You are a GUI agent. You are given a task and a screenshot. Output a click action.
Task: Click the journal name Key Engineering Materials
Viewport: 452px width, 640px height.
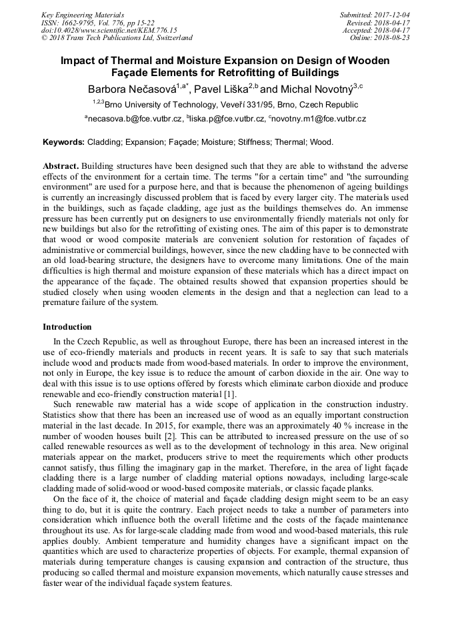coord(83,14)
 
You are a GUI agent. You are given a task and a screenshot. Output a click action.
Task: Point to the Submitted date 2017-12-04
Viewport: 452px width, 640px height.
coord(376,14)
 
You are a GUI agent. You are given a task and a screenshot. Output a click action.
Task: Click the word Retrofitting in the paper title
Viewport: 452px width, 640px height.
coord(254,73)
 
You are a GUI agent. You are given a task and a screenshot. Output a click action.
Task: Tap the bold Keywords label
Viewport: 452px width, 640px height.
coord(63,142)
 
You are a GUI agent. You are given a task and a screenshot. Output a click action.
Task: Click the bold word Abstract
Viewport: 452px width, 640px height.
coord(61,166)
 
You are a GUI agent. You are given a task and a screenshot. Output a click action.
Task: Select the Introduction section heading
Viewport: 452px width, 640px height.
coord(67,327)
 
